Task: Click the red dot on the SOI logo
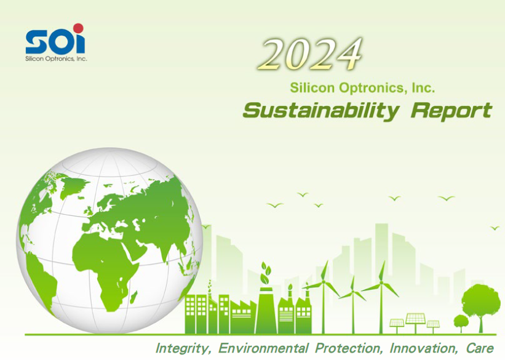pos(78,28)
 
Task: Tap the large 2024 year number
pos(310,54)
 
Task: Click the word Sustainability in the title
pos(321,111)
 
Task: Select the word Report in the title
pos(452,111)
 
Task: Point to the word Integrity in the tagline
pos(183,348)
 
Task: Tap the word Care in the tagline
pos(480,348)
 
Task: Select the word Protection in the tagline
pos(349,348)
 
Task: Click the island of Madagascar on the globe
pos(133,297)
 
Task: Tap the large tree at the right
pos(480,305)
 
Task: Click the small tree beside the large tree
pos(461,322)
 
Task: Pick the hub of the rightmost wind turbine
pos(381,283)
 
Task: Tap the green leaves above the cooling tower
pos(265,273)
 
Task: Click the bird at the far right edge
pos(495,228)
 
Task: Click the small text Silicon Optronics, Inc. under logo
pos(57,59)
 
